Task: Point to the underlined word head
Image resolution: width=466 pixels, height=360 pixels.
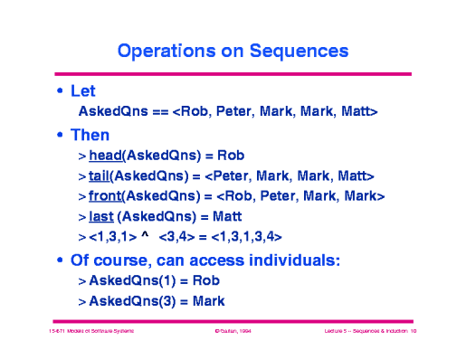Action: [x=106, y=156]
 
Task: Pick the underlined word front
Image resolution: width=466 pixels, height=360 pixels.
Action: [x=106, y=195]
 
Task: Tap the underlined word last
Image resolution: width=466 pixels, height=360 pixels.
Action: [x=101, y=216]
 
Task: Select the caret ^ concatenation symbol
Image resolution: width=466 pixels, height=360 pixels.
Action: [x=144, y=237]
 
